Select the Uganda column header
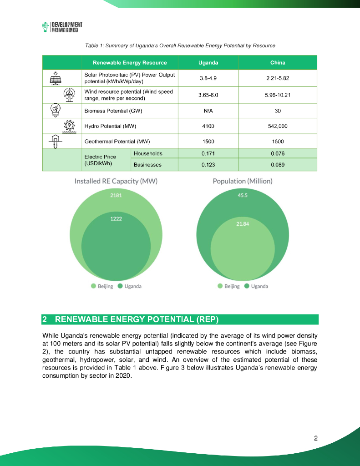[208, 62]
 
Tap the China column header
[278, 62]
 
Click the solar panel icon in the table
[55, 78]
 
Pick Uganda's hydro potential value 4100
[208, 126]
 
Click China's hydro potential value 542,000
[278, 126]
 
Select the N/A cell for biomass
[208, 111]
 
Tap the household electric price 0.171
[208, 154]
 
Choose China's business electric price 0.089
[278, 165]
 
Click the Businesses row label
[147, 165]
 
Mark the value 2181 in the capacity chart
[116, 195]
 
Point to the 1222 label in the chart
[116, 218]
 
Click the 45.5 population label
[243, 195]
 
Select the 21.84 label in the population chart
[243, 224]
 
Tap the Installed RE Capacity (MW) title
[116, 181]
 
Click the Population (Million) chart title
[243, 181]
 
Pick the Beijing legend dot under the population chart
[220, 286]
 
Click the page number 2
[315, 439]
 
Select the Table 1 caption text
[180, 46]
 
